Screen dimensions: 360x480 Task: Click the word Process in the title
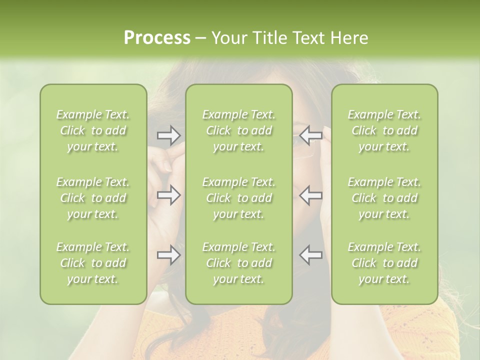click(x=157, y=38)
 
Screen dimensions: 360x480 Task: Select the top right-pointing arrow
click(x=169, y=135)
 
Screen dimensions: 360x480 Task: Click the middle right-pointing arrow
click(x=169, y=195)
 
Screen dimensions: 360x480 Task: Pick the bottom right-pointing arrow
click(x=169, y=255)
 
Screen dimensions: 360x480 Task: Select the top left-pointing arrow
click(x=310, y=135)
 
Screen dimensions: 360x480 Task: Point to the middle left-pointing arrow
click(x=310, y=195)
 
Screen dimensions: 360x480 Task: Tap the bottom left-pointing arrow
click(x=310, y=255)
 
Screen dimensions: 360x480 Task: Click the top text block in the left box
click(x=93, y=130)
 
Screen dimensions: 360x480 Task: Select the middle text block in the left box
click(x=93, y=198)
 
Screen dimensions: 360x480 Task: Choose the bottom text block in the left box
click(x=93, y=263)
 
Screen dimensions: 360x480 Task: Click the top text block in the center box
click(x=239, y=130)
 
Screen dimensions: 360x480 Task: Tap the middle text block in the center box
click(x=239, y=198)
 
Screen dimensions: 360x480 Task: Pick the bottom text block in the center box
click(x=239, y=263)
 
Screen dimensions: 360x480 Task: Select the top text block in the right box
click(x=384, y=130)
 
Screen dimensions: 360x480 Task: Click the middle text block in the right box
click(x=384, y=198)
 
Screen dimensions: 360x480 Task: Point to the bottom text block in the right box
click(x=384, y=263)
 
